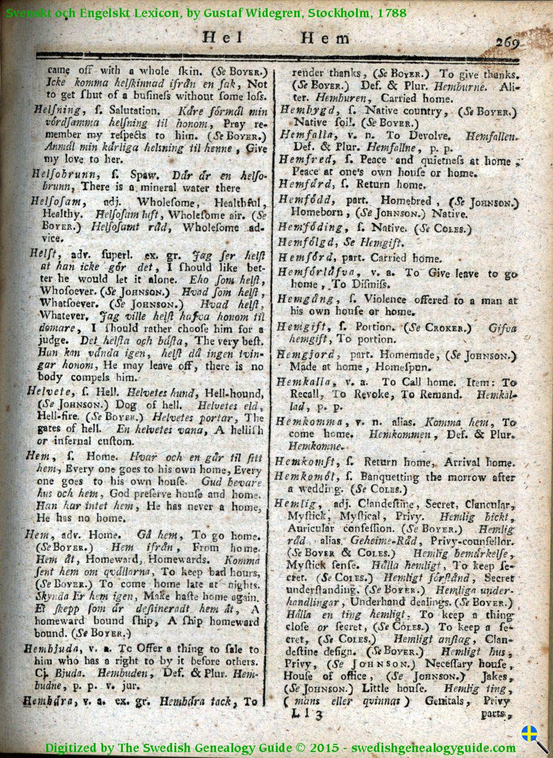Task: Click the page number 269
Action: [x=508, y=42]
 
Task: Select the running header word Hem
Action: [x=325, y=39]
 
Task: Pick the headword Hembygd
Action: [x=303, y=111]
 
